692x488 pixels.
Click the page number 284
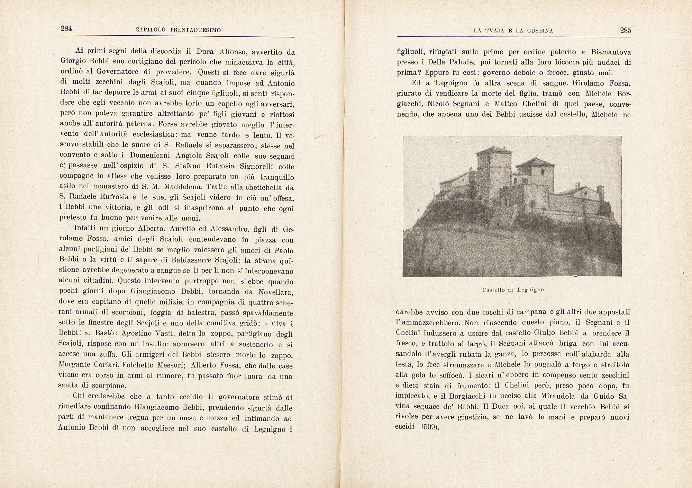66,29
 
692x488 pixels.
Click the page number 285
626,30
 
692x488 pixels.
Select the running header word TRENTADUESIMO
195,30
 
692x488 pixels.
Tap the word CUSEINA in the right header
540,31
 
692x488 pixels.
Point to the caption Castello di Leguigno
513,290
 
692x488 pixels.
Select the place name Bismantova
611,52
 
